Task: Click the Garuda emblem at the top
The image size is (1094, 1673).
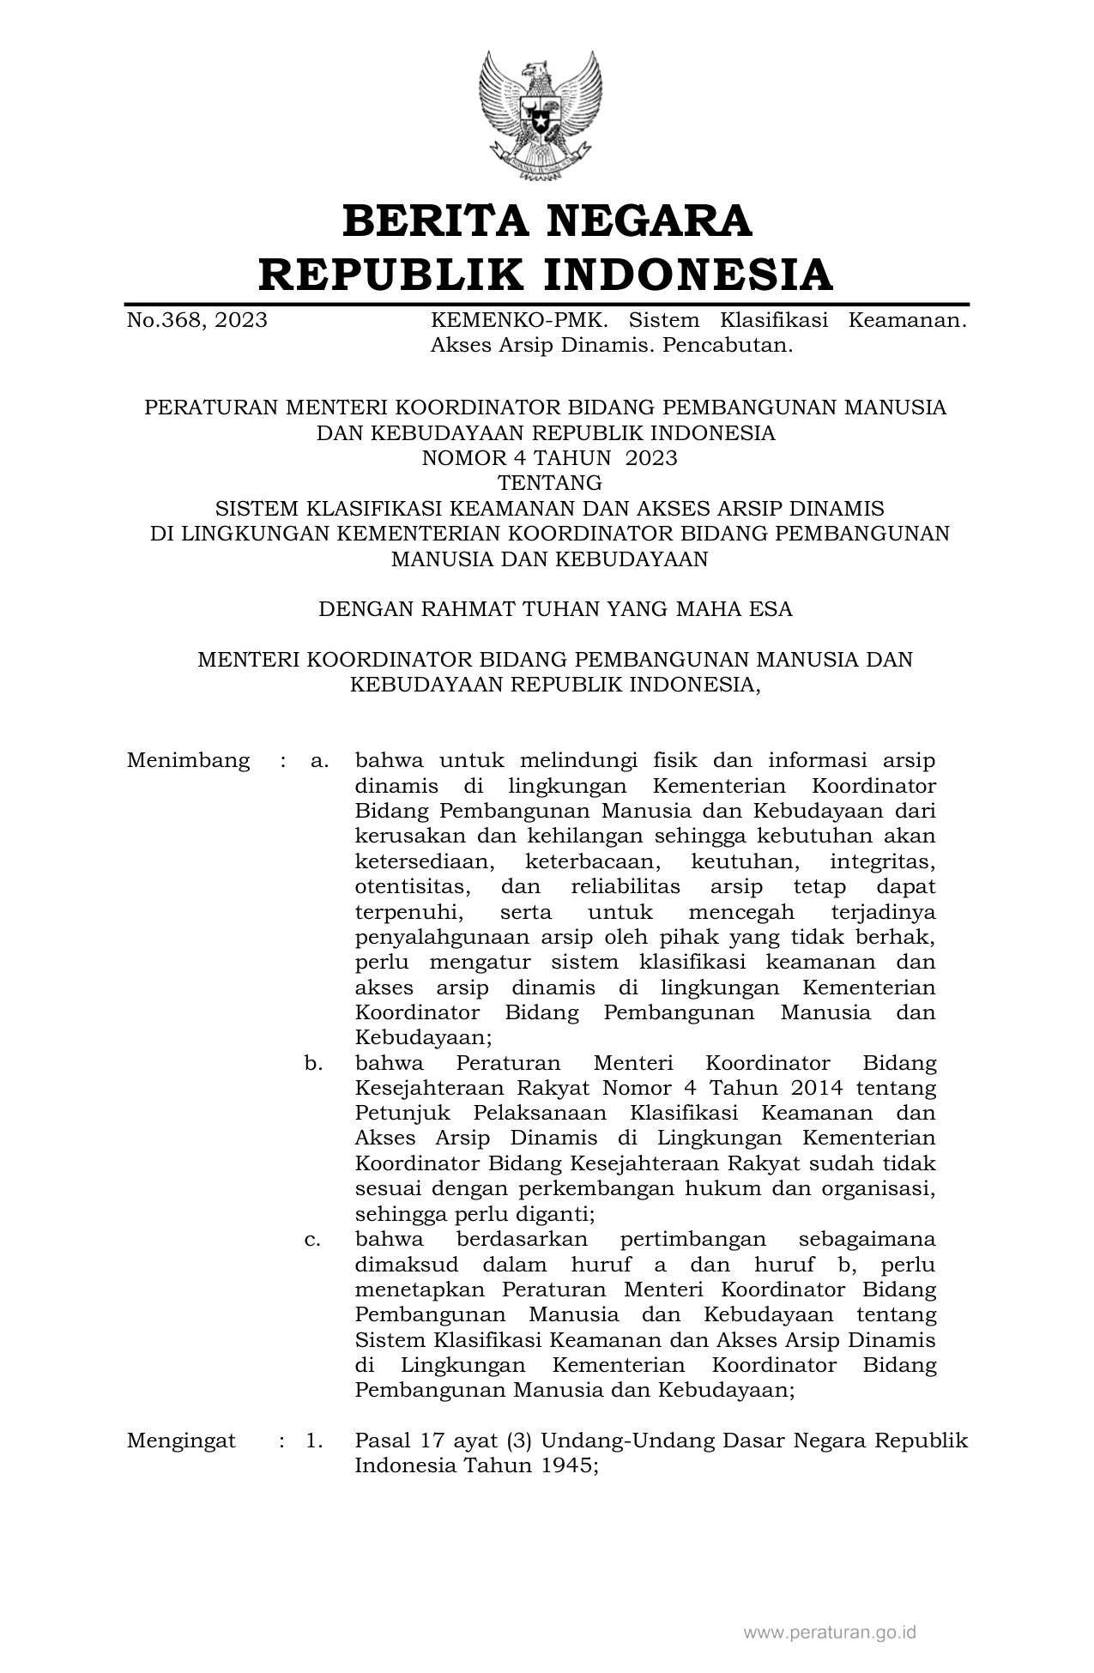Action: click(x=540, y=115)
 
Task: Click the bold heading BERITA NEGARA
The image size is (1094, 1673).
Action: click(x=547, y=220)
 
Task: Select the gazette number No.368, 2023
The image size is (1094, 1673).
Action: click(x=196, y=321)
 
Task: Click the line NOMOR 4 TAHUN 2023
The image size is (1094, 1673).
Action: click(x=549, y=457)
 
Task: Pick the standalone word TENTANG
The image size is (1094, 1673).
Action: click(x=549, y=482)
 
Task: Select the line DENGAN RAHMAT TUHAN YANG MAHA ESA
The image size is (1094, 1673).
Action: click(x=555, y=609)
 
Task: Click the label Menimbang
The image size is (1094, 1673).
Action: click(x=189, y=761)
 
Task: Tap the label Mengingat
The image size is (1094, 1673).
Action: click(x=181, y=1440)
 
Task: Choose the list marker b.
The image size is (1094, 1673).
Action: click(x=313, y=1063)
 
